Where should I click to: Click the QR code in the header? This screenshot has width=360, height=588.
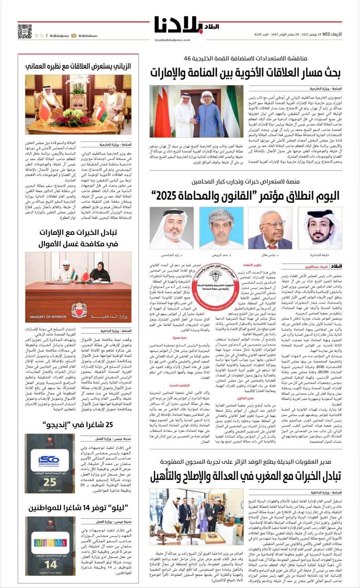click(25, 31)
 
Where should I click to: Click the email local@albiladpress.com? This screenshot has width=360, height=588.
click(172, 40)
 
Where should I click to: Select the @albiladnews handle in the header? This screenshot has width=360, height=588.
click(87, 36)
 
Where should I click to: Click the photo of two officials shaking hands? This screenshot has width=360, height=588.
click(196, 111)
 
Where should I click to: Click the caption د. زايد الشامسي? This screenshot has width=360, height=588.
click(172, 254)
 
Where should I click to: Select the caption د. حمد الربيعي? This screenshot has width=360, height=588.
click(221, 254)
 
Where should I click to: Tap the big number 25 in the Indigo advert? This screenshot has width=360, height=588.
click(50, 482)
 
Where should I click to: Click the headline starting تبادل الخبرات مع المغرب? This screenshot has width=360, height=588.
click(245, 477)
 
